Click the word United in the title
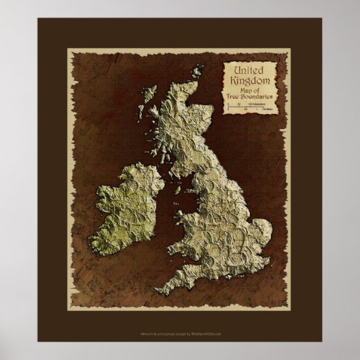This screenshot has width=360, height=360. pos(249,71)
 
